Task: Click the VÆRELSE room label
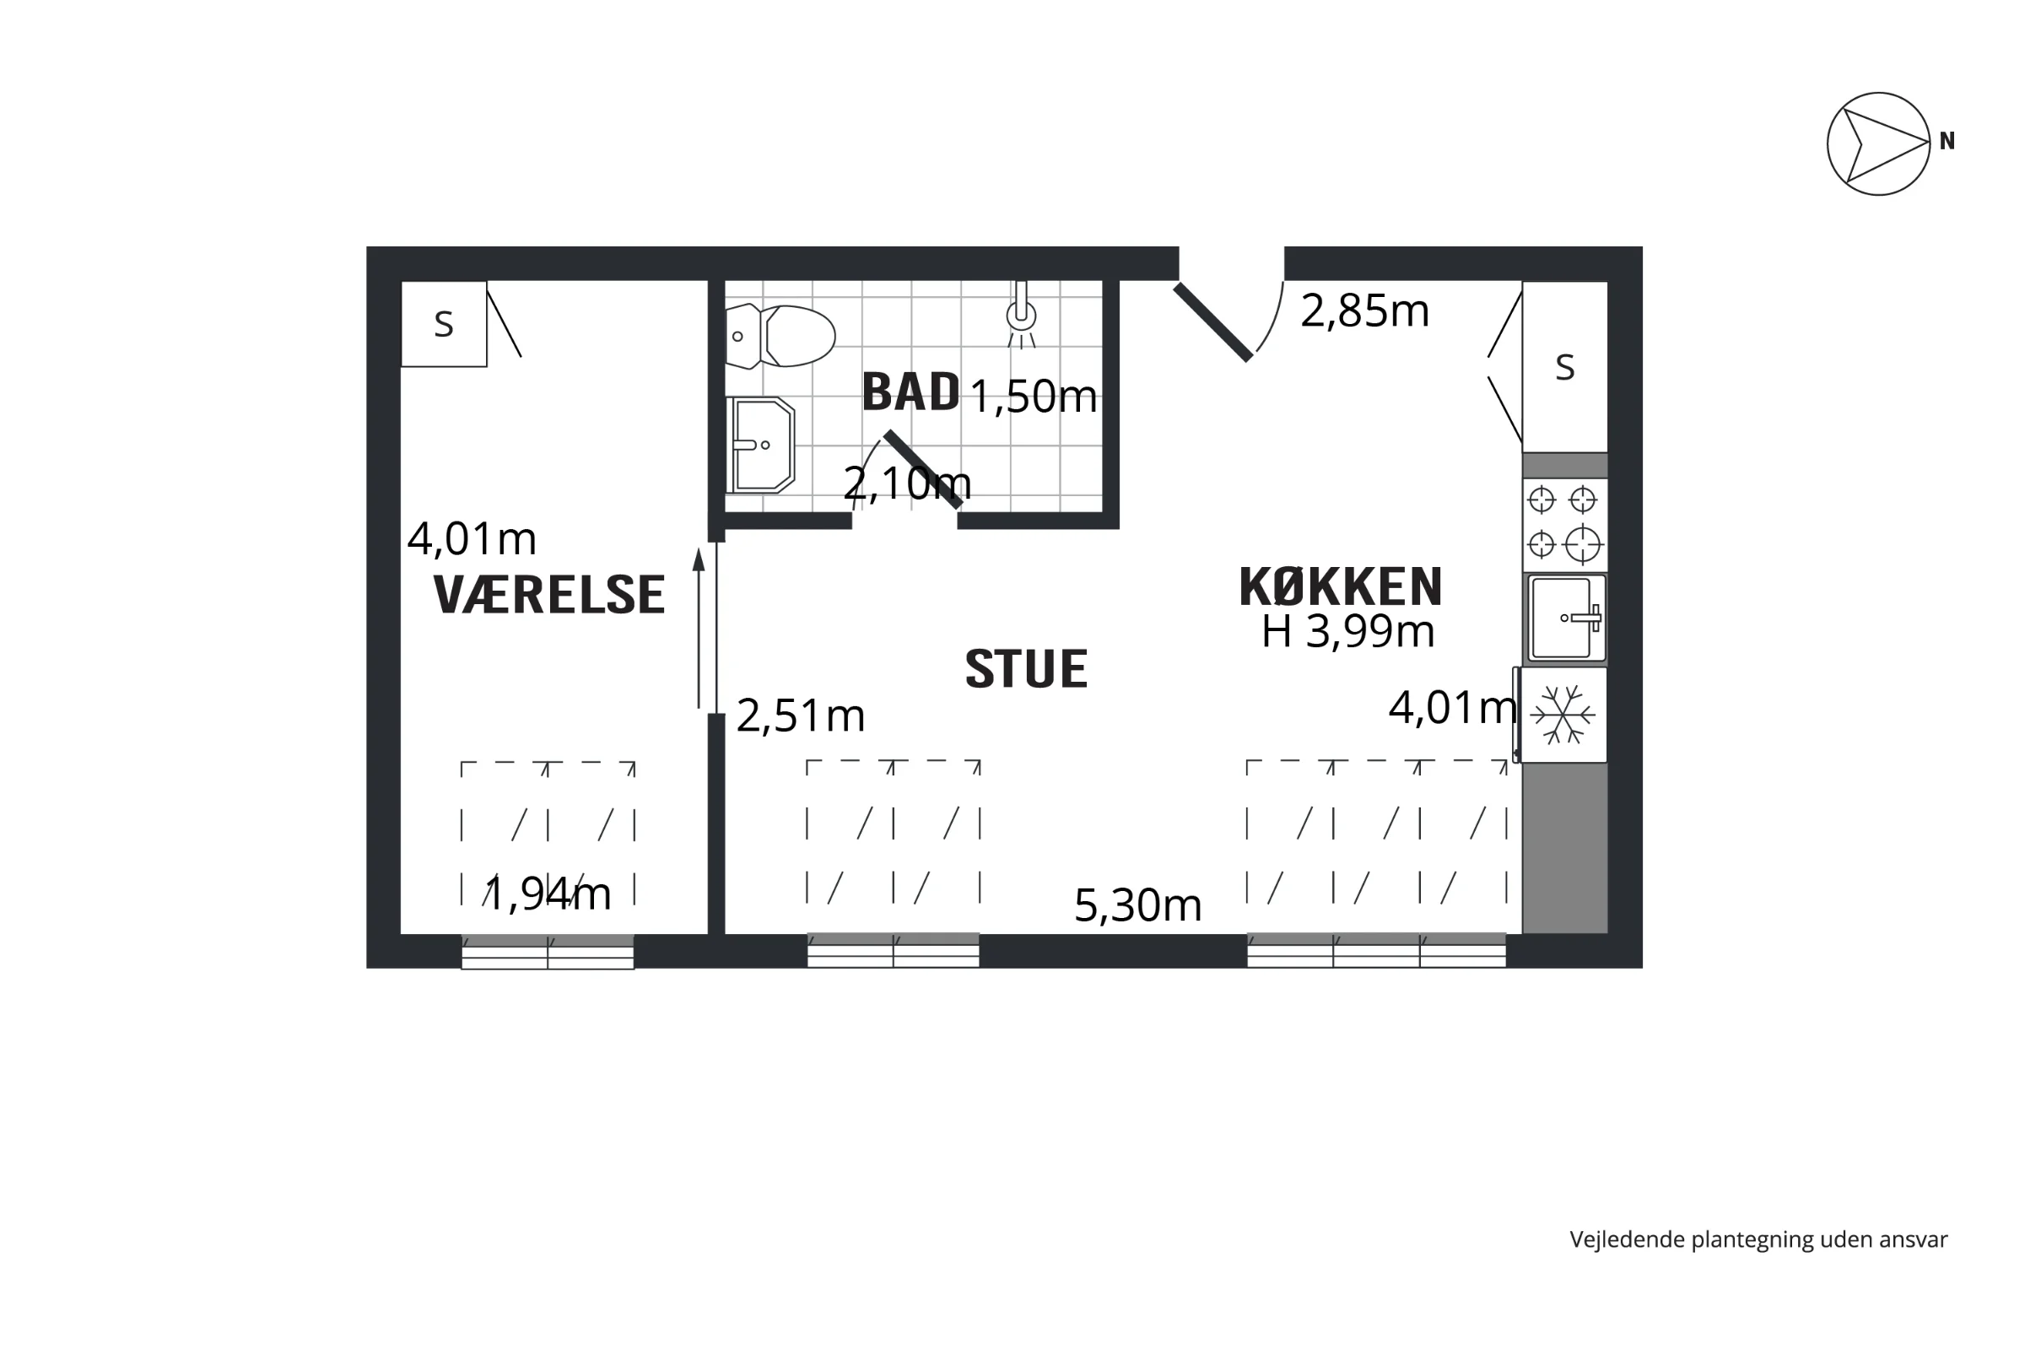tap(549, 594)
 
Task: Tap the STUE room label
tap(1026, 669)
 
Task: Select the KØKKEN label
tap(1341, 586)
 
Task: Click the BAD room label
tap(911, 391)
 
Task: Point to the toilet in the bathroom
tap(780, 336)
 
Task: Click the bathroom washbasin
tap(760, 445)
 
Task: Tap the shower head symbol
tap(1021, 314)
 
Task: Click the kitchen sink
tap(1566, 618)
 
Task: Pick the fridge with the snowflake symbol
tap(1562, 715)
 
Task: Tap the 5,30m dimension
tap(1137, 905)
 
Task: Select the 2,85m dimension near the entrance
tap(1364, 310)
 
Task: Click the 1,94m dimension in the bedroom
tap(548, 894)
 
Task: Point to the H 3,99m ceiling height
tap(1348, 632)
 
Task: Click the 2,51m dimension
tap(801, 715)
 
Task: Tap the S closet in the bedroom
tap(445, 324)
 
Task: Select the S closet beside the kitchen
tap(1564, 367)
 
